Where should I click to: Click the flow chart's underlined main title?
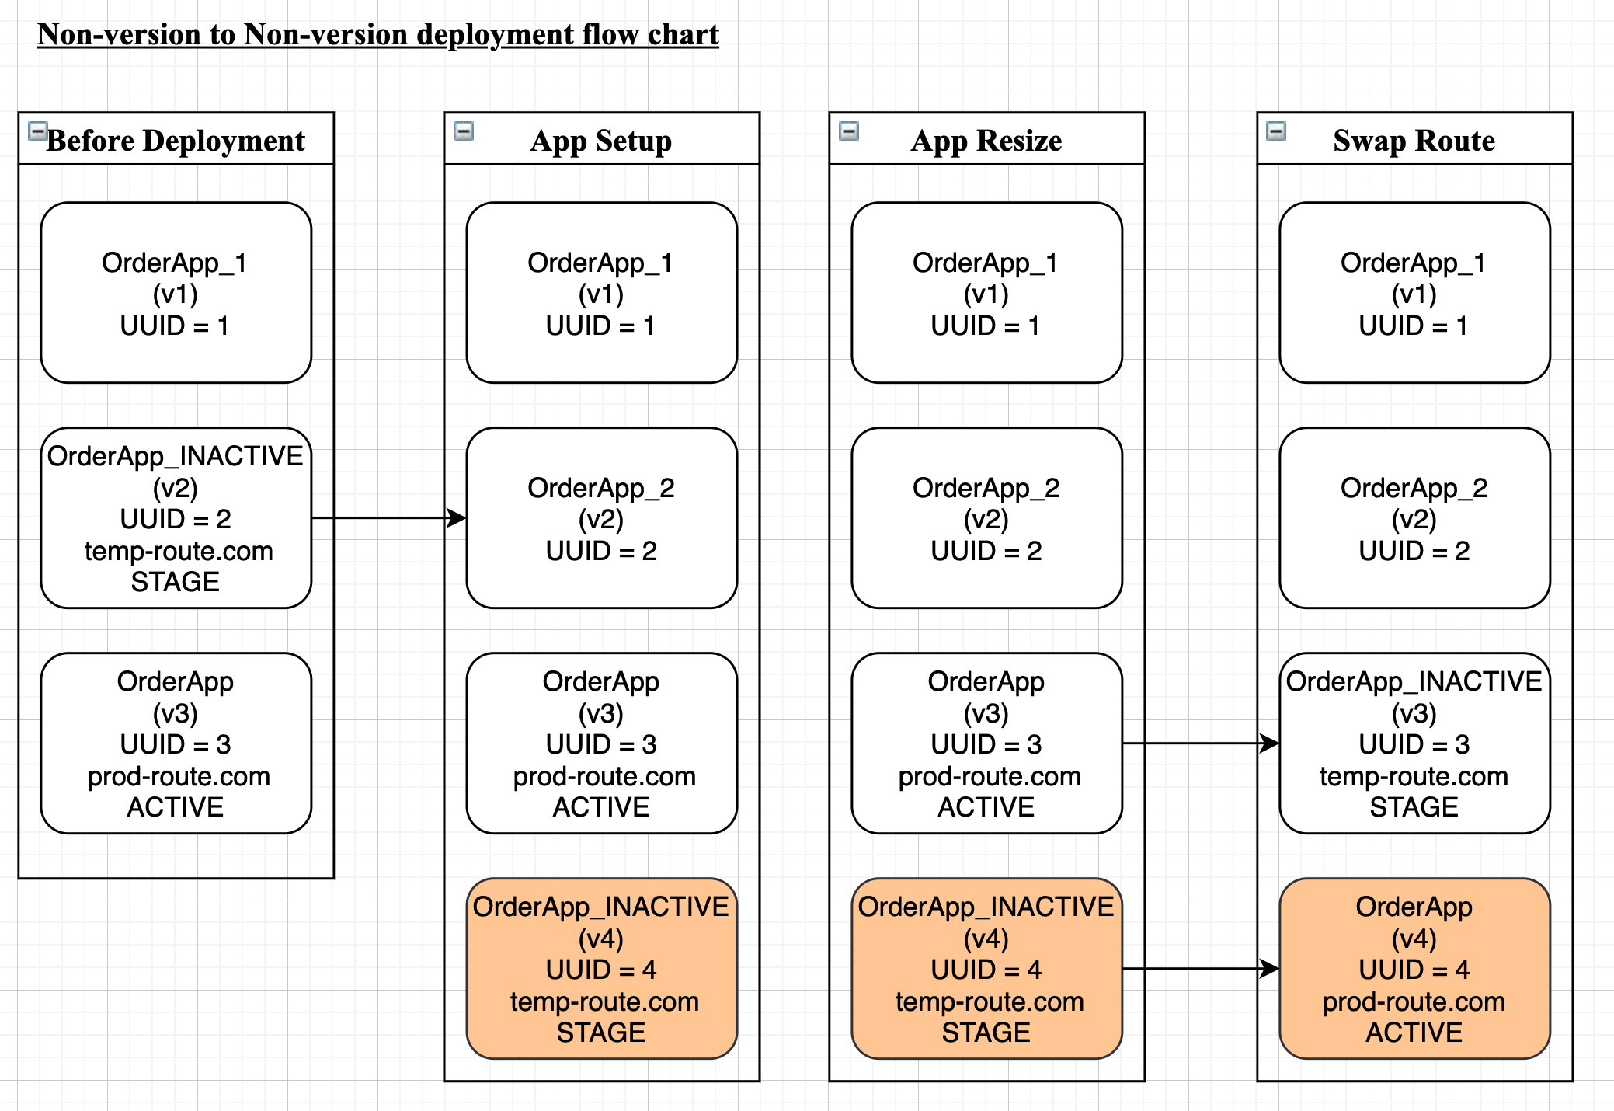pyautogui.click(x=378, y=35)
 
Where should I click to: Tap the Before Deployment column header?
pyautogui.click(x=176, y=141)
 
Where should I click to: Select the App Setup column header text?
pyautogui.click(x=601, y=141)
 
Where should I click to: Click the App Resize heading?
pyautogui.click(x=986, y=141)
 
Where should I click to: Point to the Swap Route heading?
pyautogui.click(x=1414, y=141)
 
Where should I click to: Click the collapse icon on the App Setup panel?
pyautogui.click(x=464, y=131)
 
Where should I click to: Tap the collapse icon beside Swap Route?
pyautogui.click(x=1276, y=131)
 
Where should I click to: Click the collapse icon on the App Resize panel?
pyautogui.click(x=849, y=131)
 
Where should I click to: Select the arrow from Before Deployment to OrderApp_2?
pyautogui.click(x=388, y=517)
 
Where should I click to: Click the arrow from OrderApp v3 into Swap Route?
pyautogui.click(x=1201, y=744)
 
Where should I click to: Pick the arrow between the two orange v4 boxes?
pyautogui.click(x=1201, y=969)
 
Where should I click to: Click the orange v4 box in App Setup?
pyautogui.click(x=601, y=969)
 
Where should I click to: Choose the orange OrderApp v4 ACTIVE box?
pyautogui.click(x=1414, y=969)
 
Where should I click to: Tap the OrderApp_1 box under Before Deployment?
pyautogui.click(x=176, y=293)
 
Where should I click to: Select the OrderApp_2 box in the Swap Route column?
pyautogui.click(x=1414, y=517)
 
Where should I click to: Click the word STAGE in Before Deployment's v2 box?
pyautogui.click(x=176, y=582)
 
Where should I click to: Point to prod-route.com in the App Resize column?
pyautogui.click(x=990, y=776)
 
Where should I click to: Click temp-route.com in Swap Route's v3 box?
pyautogui.click(x=1414, y=776)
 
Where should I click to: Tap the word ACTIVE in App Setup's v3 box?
pyautogui.click(x=601, y=807)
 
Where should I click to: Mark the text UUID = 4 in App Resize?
pyautogui.click(x=986, y=970)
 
